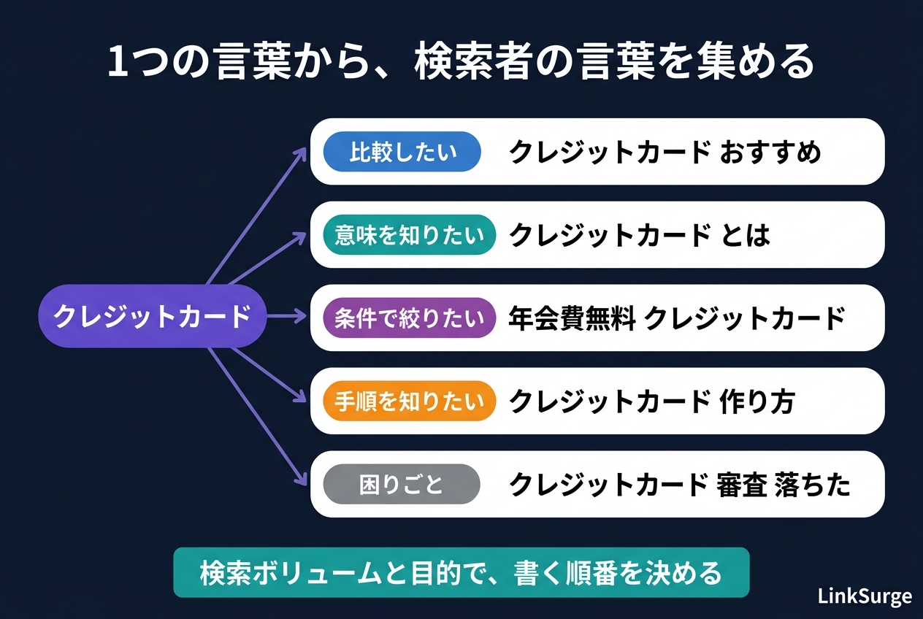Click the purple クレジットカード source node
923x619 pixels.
pyautogui.click(x=152, y=316)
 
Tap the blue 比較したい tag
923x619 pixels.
pyautogui.click(x=402, y=152)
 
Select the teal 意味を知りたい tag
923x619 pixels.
pyautogui.click(x=409, y=235)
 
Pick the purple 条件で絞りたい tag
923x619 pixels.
pyautogui.click(x=409, y=318)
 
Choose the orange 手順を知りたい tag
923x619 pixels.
pyautogui.click(x=409, y=401)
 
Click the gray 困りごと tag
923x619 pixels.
pyautogui.click(x=402, y=484)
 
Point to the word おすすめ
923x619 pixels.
pyautogui.click(x=770, y=152)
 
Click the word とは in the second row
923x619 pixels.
pyautogui.click(x=745, y=235)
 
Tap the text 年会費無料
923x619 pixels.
pyautogui.click(x=572, y=318)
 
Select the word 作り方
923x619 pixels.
pyautogui.click(x=757, y=401)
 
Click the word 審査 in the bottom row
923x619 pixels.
pyautogui.click(x=742, y=485)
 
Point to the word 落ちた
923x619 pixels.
pyautogui.click(x=812, y=485)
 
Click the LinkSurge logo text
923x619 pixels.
pyautogui.click(x=865, y=596)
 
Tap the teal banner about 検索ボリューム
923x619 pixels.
pyautogui.click(x=461, y=572)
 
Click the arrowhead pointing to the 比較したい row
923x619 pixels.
pyautogui.click(x=302, y=153)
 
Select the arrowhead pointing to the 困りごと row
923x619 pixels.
pyautogui.click(x=302, y=480)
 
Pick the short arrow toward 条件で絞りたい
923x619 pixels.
pyautogui.click(x=287, y=316)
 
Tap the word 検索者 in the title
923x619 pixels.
pyautogui.click(x=472, y=62)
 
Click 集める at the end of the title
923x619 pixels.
pyautogui.click(x=755, y=62)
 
